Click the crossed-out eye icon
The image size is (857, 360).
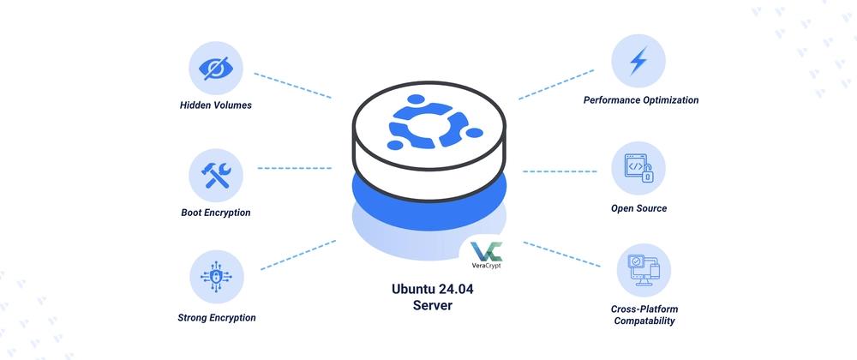coord(216,69)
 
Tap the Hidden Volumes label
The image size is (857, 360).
coord(216,105)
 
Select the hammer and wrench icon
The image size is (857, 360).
coord(216,176)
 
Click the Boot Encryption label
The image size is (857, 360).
coord(216,213)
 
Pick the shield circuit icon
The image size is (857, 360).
coord(216,277)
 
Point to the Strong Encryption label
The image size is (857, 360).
coord(217,317)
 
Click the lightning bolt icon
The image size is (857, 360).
coord(638,61)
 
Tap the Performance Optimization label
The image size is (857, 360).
coord(641,100)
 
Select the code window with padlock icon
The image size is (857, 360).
coord(638,168)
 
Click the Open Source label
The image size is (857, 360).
coord(639,208)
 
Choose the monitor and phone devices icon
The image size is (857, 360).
coord(644,270)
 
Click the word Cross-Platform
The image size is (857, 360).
coord(644,309)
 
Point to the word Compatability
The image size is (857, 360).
coord(644,321)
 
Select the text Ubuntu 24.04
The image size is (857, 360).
coord(433,289)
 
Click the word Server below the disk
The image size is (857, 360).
coord(433,305)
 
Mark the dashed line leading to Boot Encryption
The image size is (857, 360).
coord(294,168)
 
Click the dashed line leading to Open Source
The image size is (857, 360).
coord(560,171)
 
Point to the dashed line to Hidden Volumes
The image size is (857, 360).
coord(293,86)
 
